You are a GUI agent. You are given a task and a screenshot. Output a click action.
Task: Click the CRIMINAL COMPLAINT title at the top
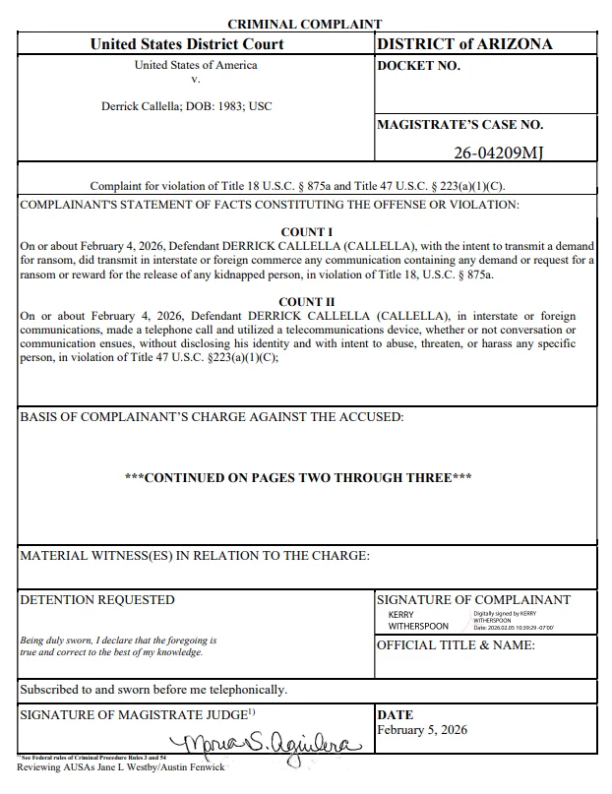click(x=304, y=24)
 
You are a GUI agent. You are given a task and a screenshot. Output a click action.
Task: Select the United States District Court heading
click(x=187, y=44)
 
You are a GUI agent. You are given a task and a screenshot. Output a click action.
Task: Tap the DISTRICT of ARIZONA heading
click(x=464, y=44)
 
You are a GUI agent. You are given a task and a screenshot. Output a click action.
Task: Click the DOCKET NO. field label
click(x=418, y=67)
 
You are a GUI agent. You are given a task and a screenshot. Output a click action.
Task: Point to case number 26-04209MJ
click(x=499, y=153)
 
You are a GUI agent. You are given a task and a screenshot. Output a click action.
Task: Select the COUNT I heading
click(x=306, y=232)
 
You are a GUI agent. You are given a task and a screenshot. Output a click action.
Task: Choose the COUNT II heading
click(x=306, y=302)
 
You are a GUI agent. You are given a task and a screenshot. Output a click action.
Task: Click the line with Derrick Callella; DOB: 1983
click(x=187, y=106)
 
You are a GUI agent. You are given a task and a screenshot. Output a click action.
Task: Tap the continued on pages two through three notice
click(x=299, y=478)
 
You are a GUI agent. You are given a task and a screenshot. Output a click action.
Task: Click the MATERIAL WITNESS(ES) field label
click(x=195, y=557)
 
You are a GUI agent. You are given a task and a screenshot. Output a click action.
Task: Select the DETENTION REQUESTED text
click(x=97, y=600)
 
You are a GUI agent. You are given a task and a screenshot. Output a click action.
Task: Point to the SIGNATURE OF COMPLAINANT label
click(x=473, y=600)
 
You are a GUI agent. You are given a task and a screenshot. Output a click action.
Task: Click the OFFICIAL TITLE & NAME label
click(x=456, y=645)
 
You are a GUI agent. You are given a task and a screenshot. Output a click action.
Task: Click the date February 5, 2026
click(x=422, y=730)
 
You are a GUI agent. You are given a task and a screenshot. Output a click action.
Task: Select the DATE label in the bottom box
click(x=396, y=715)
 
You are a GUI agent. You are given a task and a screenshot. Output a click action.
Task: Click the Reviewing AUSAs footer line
click(x=121, y=767)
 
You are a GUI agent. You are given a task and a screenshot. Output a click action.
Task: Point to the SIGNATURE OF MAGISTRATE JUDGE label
click(x=138, y=715)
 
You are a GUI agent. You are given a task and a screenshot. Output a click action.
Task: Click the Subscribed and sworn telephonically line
click(x=153, y=690)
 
